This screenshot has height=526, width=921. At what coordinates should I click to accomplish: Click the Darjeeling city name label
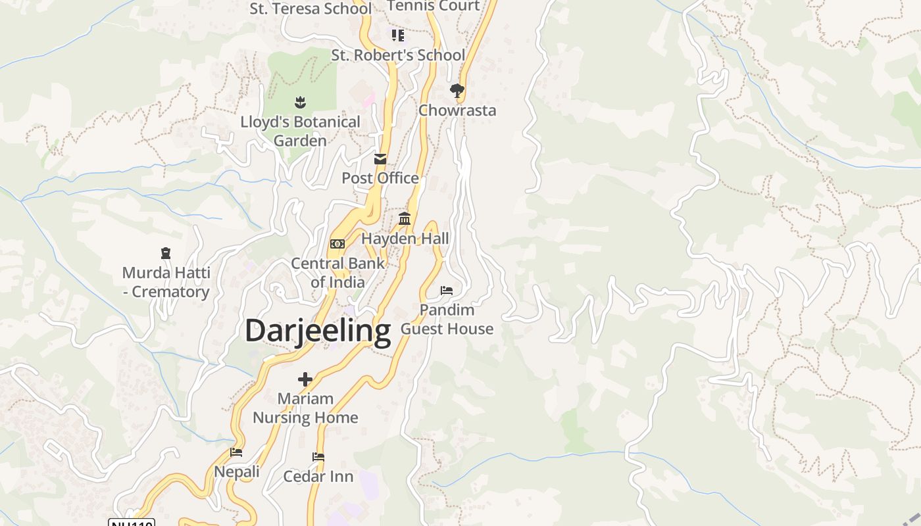(x=318, y=331)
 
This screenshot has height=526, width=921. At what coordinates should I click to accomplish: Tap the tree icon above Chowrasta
(x=457, y=90)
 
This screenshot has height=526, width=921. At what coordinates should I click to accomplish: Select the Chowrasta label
(x=457, y=110)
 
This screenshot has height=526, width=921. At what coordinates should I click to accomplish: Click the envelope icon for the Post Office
(x=380, y=159)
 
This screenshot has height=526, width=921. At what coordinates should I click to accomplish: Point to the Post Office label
(x=380, y=178)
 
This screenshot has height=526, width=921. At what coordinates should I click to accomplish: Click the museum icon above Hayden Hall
(x=405, y=219)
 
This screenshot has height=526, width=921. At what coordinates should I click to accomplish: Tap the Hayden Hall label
(x=405, y=239)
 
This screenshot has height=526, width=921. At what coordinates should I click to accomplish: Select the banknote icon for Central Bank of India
(x=337, y=244)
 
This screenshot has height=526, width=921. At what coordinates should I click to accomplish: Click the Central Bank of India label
(x=337, y=273)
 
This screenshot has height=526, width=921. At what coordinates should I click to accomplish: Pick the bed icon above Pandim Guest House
(x=447, y=290)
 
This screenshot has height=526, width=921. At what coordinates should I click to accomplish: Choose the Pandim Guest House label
(x=447, y=319)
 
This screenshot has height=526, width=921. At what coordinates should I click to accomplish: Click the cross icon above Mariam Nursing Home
(x=305, y=379)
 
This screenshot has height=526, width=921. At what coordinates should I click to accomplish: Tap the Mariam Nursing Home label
(x=305, y=408)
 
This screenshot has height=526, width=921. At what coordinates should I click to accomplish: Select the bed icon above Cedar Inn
(x=318, y=456)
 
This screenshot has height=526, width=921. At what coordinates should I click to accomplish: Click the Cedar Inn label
(x=318, y=476)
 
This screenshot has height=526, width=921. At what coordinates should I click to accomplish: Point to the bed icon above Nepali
(x=236, y=452)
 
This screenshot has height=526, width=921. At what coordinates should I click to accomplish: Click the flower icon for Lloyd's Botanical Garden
(x=300, y=102)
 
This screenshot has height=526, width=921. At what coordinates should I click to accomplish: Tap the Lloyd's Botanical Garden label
(x=300, y=131)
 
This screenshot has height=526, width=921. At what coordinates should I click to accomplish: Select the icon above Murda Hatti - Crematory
(x=166, y=253)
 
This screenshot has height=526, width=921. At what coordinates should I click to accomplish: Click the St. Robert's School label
(x=398, y=55)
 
